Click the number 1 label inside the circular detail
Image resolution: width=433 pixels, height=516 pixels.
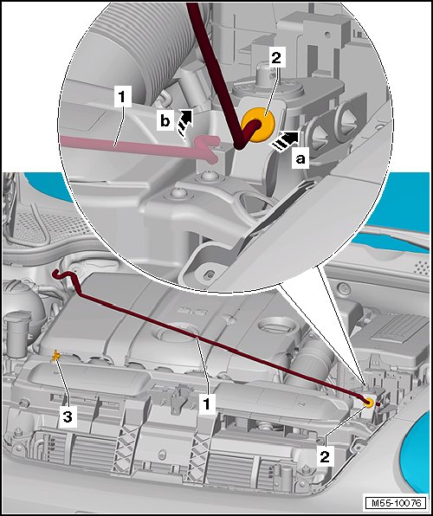click(x=122, y=97)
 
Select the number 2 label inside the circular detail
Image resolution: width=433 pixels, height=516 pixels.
click(x=276, y=58)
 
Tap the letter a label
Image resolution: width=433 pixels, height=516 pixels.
click(x=300, y=159)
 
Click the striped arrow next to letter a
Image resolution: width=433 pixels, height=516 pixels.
click(x=285, y=141)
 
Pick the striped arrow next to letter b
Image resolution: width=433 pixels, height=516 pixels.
click(x=184, y=123)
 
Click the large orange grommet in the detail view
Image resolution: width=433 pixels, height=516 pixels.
click(x=258, y=125)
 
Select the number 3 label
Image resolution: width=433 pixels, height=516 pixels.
click(x=68, y=417)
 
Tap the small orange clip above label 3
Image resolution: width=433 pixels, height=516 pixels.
click(x=56, y=356)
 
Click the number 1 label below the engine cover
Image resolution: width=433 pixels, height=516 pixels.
click(x=206, y=403)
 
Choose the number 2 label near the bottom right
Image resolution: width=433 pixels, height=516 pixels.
click(x=325, y=456)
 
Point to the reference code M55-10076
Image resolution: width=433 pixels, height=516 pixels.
click(x=396, y=502)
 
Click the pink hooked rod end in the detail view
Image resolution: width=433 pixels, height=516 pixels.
click(x=208, y=149)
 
